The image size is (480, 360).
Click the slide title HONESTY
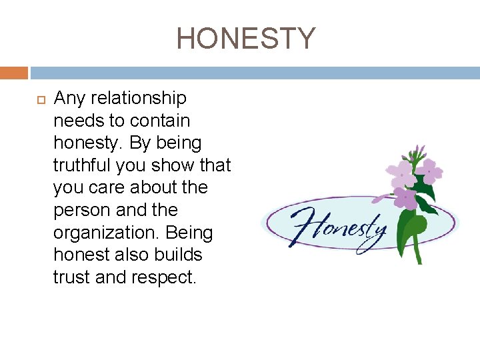point(245,39)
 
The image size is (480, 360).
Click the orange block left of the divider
point(13,73)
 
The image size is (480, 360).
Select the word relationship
point(140,99)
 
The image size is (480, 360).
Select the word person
point(82,210)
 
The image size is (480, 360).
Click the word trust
point(72,277)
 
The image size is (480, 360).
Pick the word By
point(140,143)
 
